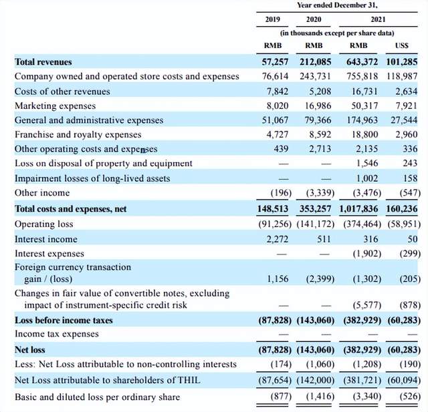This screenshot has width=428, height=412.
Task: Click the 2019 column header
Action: [x=272, y=19]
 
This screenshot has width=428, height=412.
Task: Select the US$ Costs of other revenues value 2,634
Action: [x=403, y=91]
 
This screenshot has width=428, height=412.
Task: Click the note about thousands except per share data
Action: [x=336, y=33]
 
